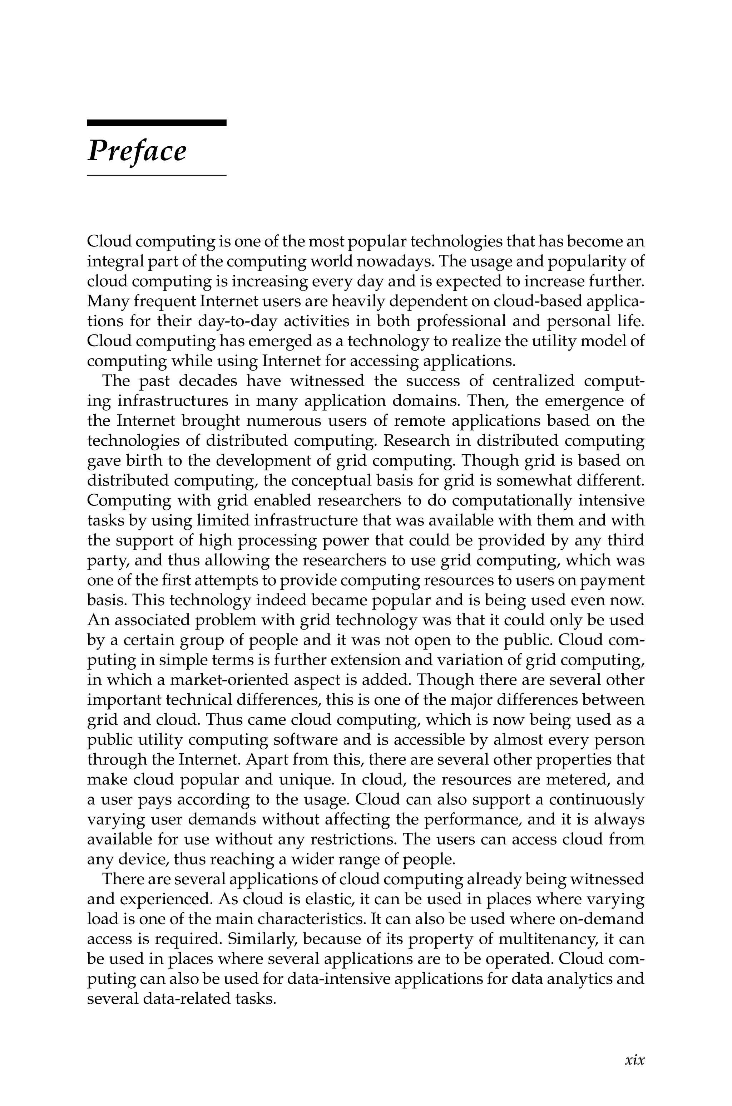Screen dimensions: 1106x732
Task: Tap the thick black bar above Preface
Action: [157, 123]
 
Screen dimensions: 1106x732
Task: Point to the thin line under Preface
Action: [157, 175]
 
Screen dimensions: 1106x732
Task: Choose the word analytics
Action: [579, 979]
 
